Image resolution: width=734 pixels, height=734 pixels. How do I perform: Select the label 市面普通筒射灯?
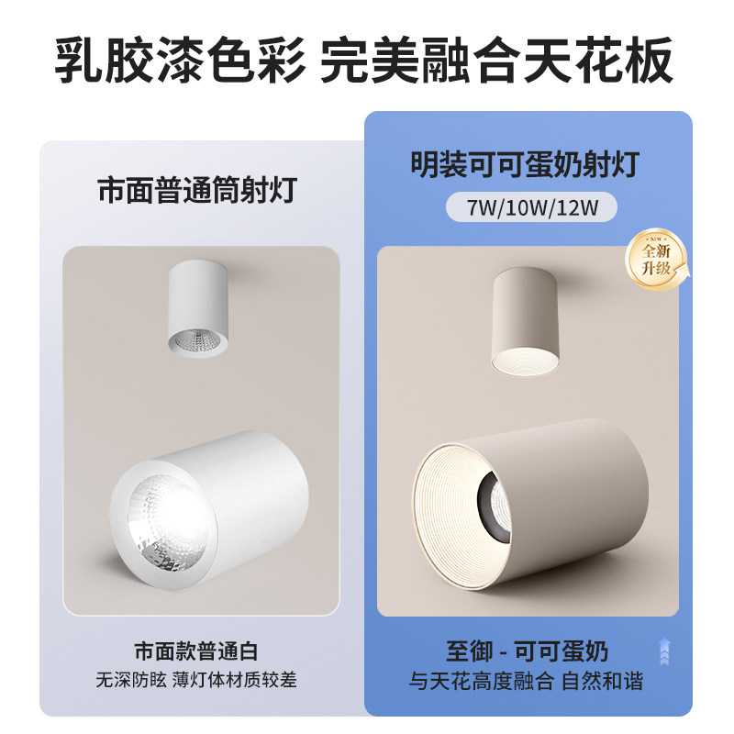point(197,192)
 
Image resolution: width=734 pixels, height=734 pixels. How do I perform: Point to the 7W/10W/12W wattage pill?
point(532,207)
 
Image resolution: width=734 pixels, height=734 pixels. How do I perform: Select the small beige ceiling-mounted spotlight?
point(524,321)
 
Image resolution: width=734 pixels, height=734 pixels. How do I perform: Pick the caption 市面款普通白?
point(196,652)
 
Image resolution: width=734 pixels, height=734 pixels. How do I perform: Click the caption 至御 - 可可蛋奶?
point(524,652)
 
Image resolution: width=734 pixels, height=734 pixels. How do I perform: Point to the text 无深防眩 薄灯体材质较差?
point(196,682)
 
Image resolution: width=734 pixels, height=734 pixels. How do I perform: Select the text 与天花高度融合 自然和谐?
point(526,682)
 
